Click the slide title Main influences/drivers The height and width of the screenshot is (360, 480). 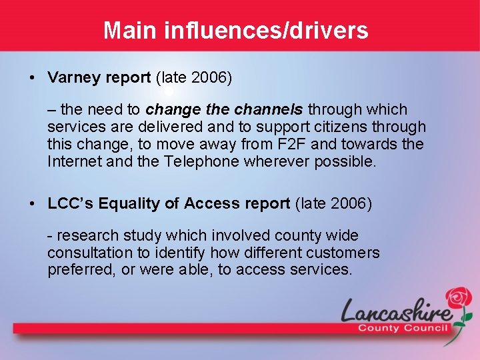point(236,30)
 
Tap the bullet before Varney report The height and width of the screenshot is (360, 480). point(33,78)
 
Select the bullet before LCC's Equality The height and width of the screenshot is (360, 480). point(33,204)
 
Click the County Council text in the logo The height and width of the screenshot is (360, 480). point(403,328)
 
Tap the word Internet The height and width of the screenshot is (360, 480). point(73,161)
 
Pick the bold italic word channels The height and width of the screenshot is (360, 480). point(270,109)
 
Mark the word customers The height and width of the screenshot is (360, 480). point(343,253)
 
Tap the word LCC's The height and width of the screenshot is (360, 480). point(71,204)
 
